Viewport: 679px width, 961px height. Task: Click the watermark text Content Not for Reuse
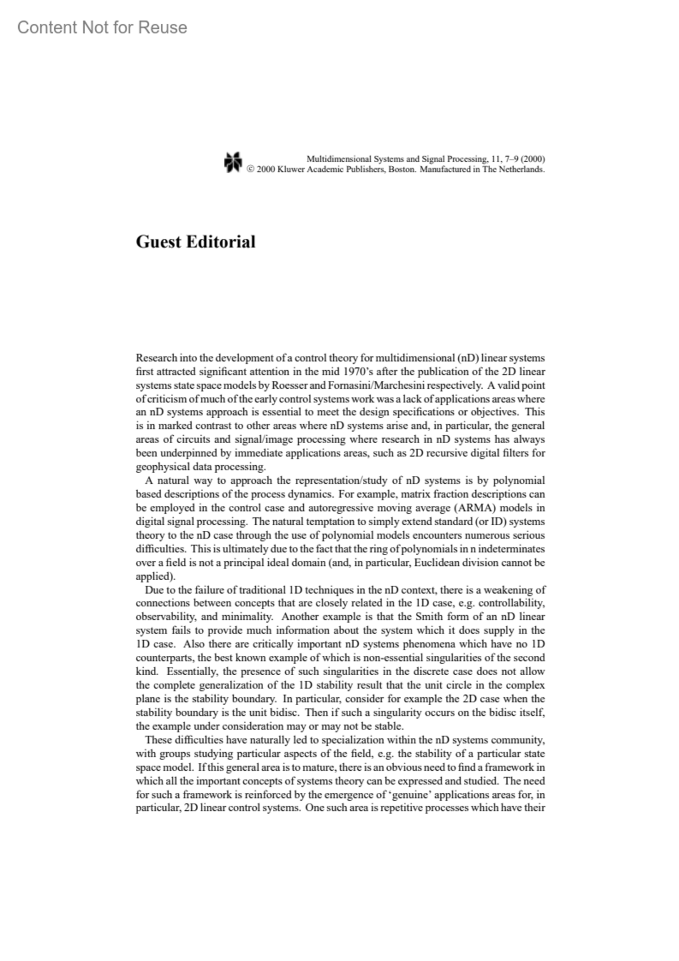(x=102, y=27)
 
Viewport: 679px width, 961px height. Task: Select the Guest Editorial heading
(x=195, y=242)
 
